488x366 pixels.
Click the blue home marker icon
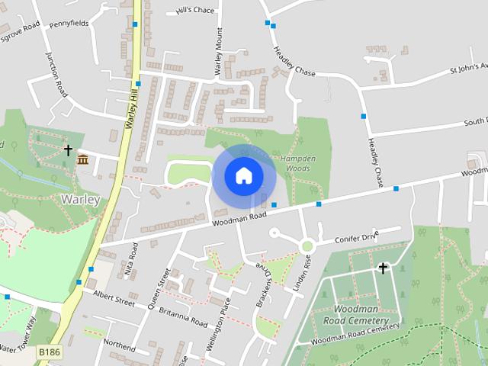[243, 175]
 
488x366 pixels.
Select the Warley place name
[79, 200]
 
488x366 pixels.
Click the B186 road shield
[50, 352]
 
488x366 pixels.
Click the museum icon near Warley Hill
[82, 159]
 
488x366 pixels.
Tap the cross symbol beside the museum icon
[68, 150]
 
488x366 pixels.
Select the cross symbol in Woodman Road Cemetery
[383, 268]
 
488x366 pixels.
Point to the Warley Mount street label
[218, 51]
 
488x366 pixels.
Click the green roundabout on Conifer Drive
[307, 246]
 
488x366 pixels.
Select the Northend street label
[119, 345]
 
